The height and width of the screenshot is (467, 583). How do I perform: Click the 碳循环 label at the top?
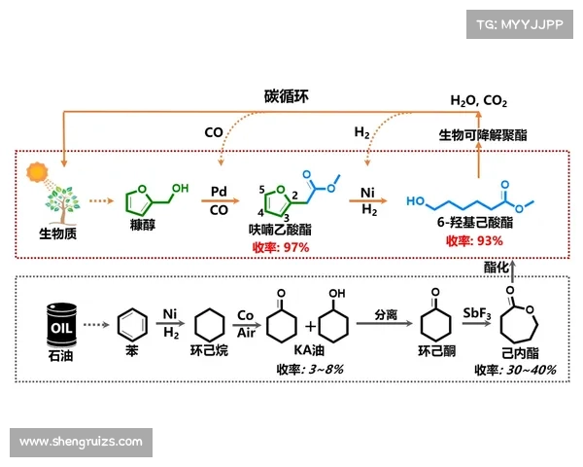click(288, 95)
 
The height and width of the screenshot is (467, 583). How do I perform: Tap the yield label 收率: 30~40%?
click(515, 370)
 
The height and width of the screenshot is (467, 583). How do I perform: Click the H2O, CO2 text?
click(478, 101)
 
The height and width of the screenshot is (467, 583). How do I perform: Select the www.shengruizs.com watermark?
click(81, 443)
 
